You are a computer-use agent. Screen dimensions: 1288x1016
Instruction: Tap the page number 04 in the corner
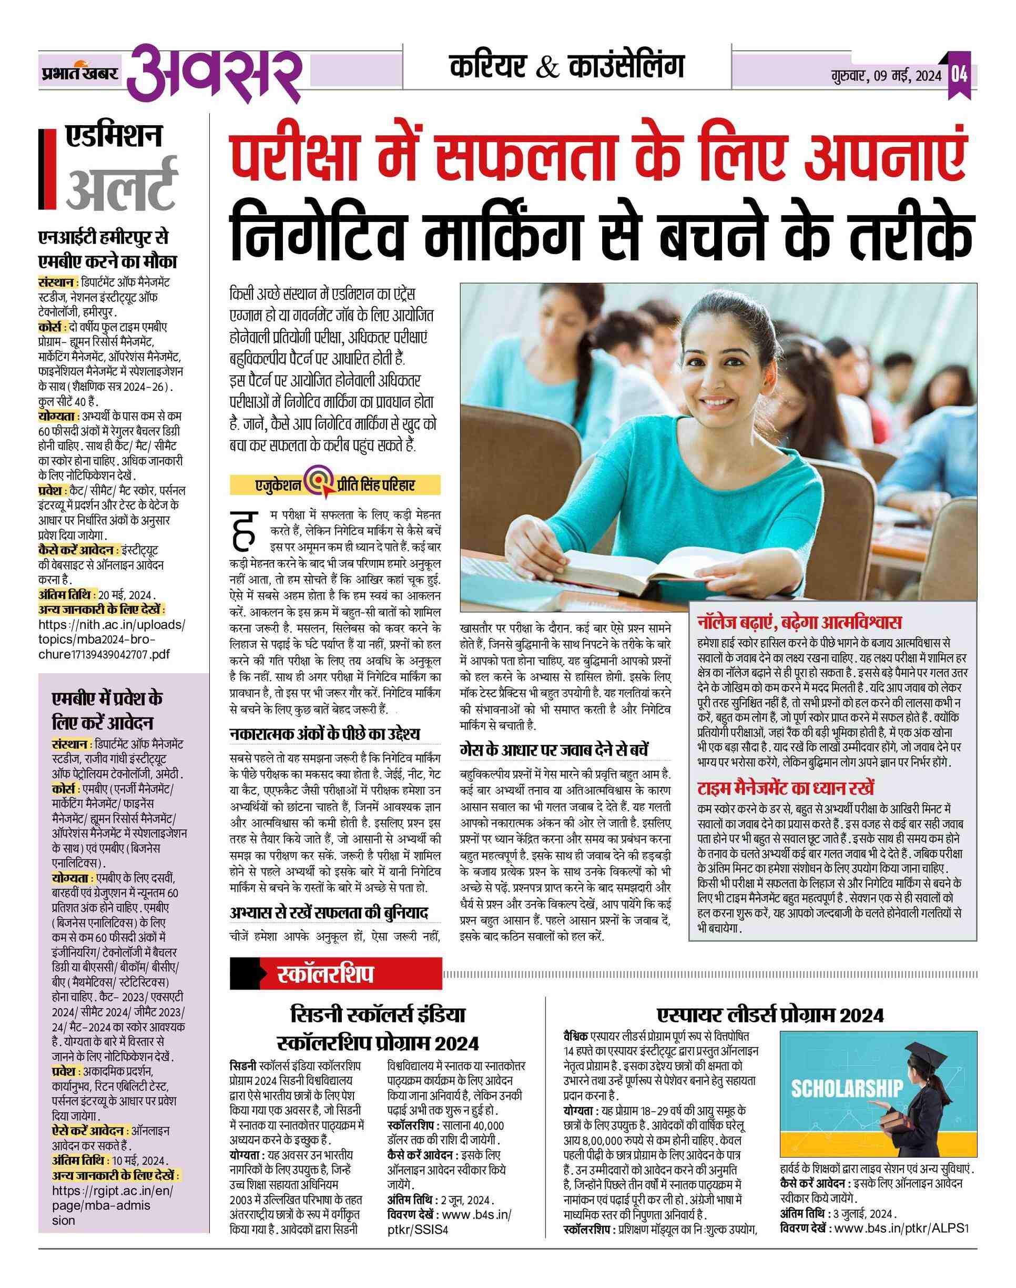[x=958, y=76]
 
